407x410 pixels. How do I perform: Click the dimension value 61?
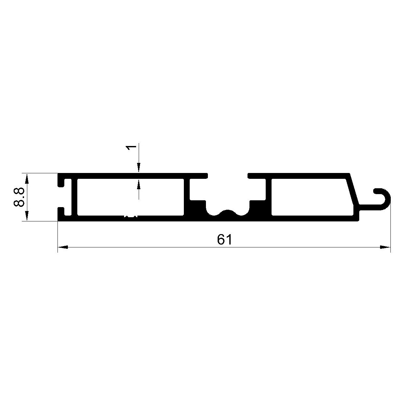coord(224,240)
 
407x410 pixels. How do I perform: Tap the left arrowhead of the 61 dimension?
coord(63,247)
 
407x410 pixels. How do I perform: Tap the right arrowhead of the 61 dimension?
coord(385,247)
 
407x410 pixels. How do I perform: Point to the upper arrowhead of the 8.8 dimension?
coord(27,179)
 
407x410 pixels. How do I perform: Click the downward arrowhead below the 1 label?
coord(139,168)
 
